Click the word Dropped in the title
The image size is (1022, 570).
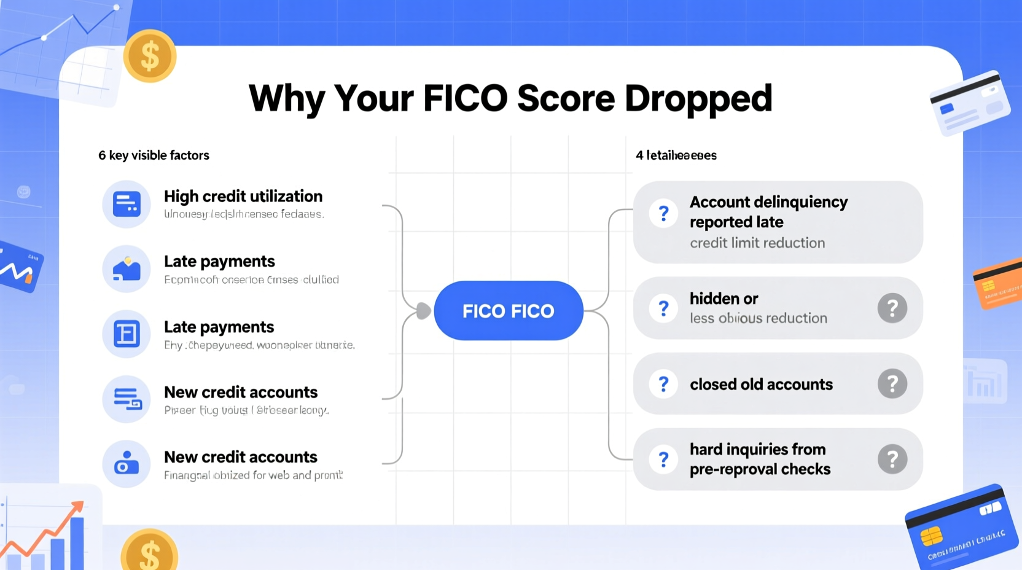tap(698, 99)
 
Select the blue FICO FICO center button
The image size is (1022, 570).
tap(508, 311)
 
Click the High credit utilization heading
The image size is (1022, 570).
tap(243, 197)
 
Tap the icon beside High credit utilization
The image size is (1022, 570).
tap(127, 204)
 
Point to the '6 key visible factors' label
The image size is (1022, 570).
tap(154, 155)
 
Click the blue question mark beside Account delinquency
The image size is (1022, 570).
tap(663, 214)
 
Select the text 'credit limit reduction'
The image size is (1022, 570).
tap(757, 243)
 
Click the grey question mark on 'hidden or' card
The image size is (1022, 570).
tap(892, 308)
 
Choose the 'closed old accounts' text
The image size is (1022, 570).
tap(761, 385)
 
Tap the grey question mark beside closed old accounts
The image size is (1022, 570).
tap(892, 384)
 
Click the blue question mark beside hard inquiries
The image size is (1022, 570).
tap(663, 459)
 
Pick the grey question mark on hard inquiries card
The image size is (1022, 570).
tap(892, 459)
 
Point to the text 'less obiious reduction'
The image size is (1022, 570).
tap(758, 318)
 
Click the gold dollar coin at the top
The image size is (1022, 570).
tap(150, 56)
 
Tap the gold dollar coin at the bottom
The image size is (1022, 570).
tap(149, 552)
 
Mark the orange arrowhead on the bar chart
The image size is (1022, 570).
tap(77, 507)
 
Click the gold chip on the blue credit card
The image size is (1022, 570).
tap(931, 536)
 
